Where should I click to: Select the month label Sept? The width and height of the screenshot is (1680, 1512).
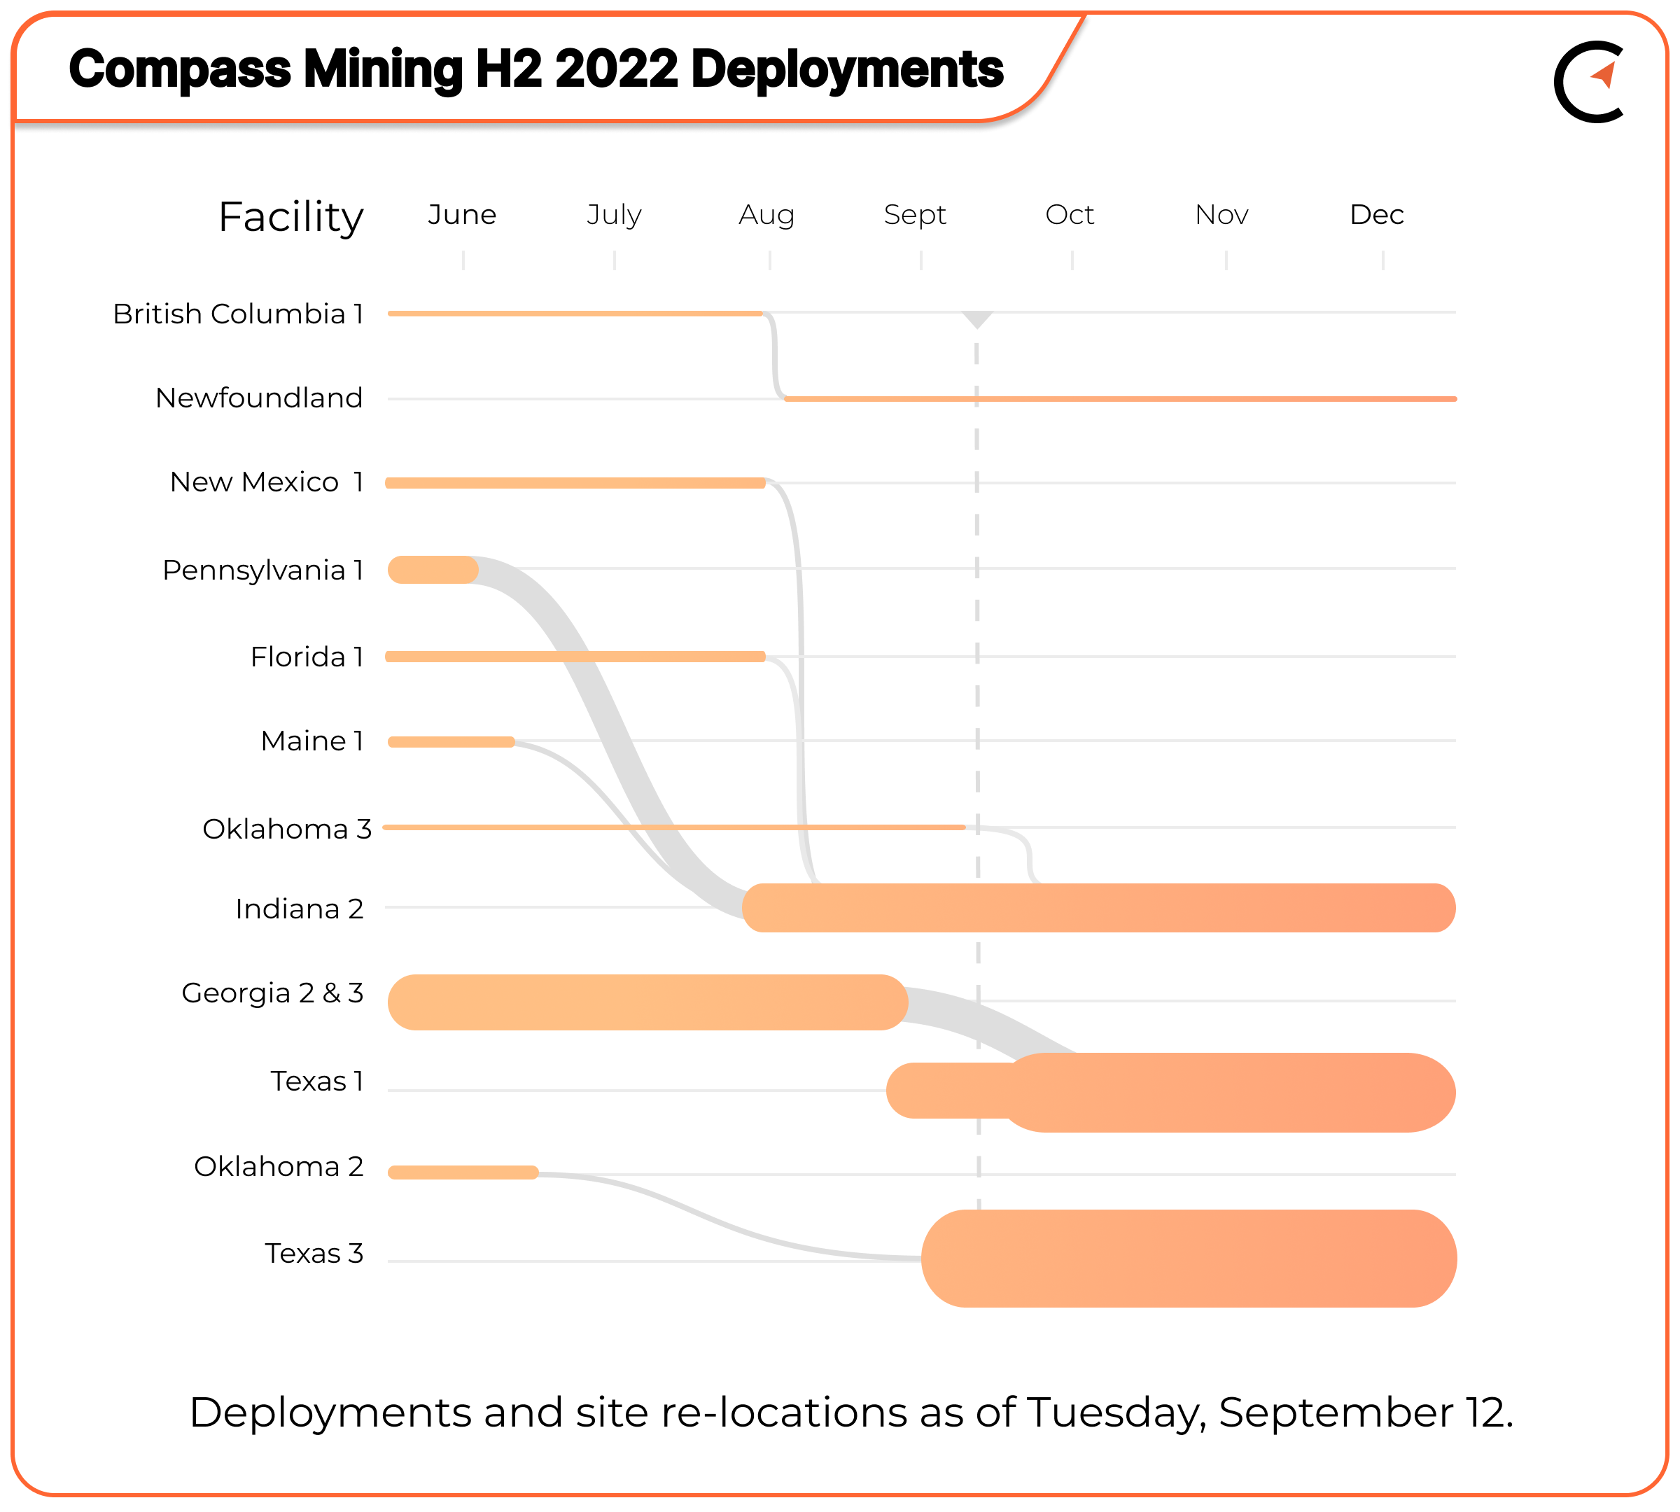tap(914, 215)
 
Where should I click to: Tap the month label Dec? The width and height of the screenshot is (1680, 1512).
tap(1376, 215)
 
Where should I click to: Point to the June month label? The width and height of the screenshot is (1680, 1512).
tap(462, 215)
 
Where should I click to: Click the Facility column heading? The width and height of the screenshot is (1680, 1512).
tap(290, 218)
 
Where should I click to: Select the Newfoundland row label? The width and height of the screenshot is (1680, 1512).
tap(259, 398)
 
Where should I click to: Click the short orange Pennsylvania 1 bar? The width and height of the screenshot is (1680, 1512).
tap(432, 570)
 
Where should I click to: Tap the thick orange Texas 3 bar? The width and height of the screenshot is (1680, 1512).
tap(1188, 1258)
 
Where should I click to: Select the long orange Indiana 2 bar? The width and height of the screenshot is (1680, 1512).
tap(1097, 907)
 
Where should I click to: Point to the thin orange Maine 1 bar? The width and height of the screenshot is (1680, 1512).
tap(451, 742)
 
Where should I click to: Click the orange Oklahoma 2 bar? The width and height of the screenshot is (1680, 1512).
tap(463, 1172)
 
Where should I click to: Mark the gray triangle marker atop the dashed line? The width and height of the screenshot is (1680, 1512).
tap(977, 318)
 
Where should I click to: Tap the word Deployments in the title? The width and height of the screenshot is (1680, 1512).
tap(846, 69)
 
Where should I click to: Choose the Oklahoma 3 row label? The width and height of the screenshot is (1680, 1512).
tap(286, 829)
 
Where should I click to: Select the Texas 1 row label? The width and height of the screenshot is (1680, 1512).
tap(316, 1081)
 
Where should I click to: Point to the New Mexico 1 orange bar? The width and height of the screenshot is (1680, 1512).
tap(575, 483)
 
